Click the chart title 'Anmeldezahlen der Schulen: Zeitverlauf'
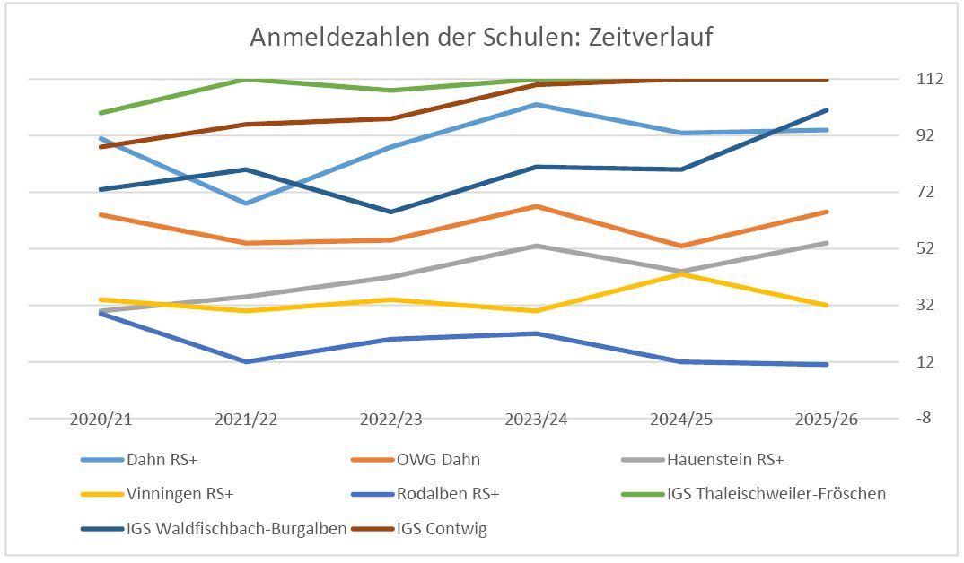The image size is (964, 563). [481, 38]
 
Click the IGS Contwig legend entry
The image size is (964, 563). [442, 528]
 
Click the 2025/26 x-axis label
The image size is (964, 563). [827, 420]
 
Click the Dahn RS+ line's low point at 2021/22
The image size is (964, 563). [245, 204]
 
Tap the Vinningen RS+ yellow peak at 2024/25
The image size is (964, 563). [681, 273]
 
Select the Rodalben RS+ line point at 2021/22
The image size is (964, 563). [245, 361]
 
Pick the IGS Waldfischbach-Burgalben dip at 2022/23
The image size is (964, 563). [390, 212]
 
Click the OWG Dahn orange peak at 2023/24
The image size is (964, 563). [536, 206]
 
